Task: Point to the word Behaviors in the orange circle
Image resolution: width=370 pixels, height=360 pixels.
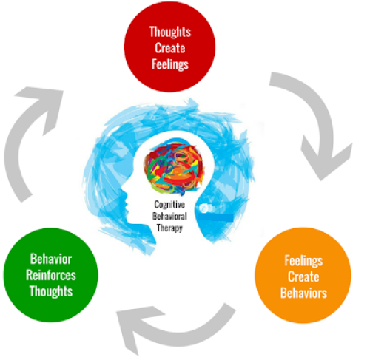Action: [305, 291]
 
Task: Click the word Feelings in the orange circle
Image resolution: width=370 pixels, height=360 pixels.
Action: [305, 260]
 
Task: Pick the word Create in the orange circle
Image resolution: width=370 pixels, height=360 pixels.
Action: [305, 276]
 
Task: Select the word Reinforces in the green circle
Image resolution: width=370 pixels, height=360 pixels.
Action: [52, 276]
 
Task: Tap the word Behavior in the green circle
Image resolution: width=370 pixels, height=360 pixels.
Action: [52, 260]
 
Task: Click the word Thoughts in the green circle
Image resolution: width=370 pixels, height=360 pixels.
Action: [52, 291]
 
